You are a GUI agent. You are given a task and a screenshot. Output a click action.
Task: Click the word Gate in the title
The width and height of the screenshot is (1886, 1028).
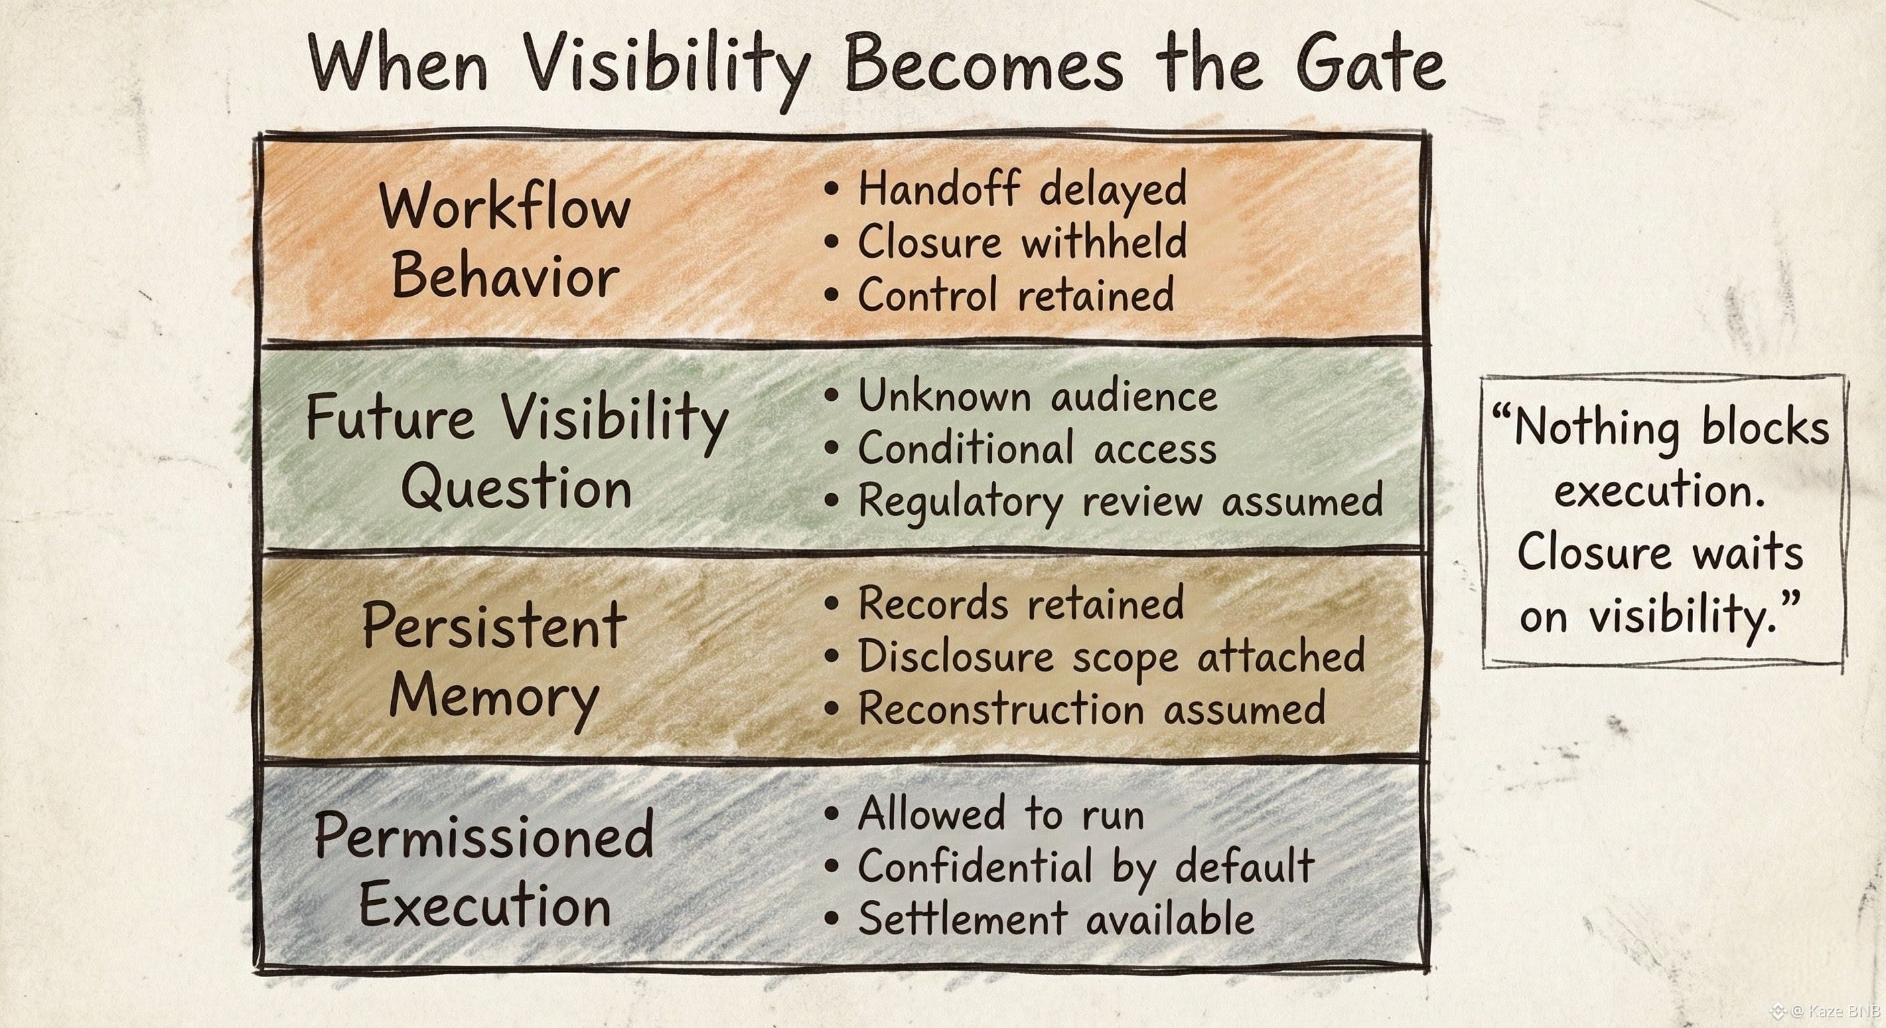click(x=1369, y=64)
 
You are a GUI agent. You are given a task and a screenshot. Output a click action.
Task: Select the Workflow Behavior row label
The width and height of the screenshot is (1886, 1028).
click(x=505, y=242)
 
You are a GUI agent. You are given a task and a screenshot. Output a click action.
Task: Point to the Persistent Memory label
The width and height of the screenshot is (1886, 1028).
click(x=494, y=661)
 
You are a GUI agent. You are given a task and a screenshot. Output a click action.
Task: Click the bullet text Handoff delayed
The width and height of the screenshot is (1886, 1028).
click(x=1022, y=189)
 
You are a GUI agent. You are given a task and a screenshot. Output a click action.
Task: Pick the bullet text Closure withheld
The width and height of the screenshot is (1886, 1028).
click(x=1022, y=242)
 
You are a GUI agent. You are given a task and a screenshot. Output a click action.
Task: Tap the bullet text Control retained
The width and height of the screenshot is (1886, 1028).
click(x=1015, y=295)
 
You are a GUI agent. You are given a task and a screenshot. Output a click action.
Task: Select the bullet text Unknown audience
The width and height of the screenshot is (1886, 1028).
click(x=1037, y=397)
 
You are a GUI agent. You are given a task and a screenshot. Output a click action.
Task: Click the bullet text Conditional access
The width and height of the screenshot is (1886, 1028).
click(x=1037, y=448)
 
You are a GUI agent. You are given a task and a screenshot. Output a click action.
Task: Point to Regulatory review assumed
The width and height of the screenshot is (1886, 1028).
click(x=1120, y=503)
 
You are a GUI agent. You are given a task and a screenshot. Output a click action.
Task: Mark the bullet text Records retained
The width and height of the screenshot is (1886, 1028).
click(x=1021, y=604)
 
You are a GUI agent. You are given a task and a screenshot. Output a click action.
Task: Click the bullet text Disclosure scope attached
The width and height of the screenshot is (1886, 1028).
click(x=1111, y=657)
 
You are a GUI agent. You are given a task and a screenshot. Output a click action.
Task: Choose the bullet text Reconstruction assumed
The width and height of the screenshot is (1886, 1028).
click(x=1092, y=709)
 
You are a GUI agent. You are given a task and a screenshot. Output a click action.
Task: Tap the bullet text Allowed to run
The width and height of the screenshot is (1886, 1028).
click(x=1001, y=814)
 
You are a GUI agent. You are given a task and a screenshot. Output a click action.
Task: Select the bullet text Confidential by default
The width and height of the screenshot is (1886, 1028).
click(x=1086, y=867)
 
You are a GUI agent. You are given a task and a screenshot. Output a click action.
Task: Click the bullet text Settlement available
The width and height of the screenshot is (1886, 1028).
click(x=1056, y=920)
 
